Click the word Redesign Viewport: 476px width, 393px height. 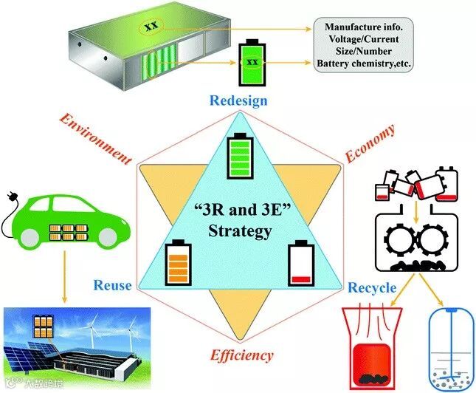point(239,100)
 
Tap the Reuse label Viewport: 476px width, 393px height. point(113,284)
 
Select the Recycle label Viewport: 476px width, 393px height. point(371,287)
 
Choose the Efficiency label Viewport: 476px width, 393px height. point(242,355)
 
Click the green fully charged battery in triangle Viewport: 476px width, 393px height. point(241,156)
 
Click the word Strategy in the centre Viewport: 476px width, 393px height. point(240,231)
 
